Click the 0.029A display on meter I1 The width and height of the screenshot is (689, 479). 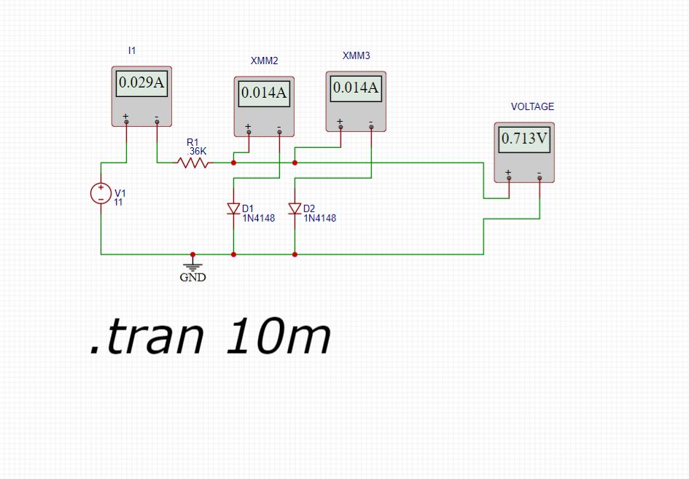click(141, 83)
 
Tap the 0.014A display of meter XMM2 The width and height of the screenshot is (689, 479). click(264, 93)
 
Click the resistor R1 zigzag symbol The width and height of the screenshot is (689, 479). click(193, 163)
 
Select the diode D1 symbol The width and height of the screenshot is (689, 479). click(233, 209)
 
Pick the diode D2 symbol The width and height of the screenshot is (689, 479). click(295, 209)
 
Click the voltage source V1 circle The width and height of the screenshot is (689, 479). click(101, 193)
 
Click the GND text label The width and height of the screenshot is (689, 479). click(192, 277)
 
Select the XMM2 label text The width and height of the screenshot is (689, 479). click(264, 61)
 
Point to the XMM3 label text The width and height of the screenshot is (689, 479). click(356, 56)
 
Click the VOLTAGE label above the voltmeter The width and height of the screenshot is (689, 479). click(532, 106)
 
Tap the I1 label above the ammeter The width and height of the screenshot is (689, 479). click(132, 51)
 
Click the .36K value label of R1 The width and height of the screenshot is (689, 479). click(197, 151)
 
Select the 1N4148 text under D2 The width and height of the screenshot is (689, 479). click(319, 218)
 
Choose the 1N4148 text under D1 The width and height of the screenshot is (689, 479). click(258, 218)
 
